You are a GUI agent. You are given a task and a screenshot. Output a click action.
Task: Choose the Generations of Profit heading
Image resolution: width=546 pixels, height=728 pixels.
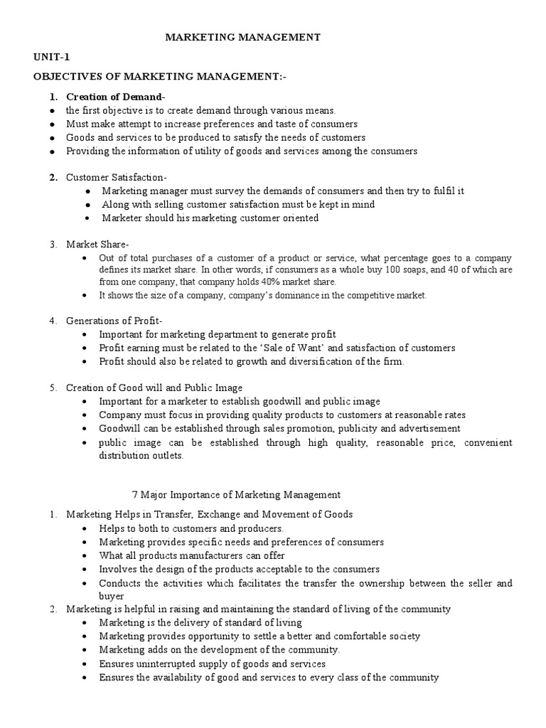(x=114, y=321)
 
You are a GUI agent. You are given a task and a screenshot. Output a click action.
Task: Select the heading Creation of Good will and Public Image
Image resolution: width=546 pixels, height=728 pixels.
(x=154, y=387)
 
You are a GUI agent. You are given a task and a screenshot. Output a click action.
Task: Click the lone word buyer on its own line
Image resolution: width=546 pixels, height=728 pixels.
(x=112, y=596)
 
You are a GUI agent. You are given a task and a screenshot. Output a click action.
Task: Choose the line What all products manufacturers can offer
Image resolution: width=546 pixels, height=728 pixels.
(x=193, y=555)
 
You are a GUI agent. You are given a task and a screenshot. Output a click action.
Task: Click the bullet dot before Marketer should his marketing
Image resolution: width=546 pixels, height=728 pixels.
(x=87, y=219)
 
